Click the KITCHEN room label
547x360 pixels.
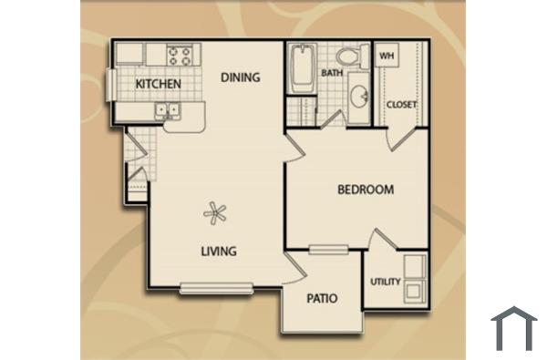(158, 85)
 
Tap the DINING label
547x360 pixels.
(241, 77)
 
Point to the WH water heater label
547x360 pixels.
(386, 56)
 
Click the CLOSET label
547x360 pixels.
(401, 105)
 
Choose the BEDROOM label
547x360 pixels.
(366, 190)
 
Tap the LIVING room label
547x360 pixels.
(219, 251)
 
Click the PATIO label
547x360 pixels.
(323, 298)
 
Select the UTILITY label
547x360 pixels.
(385, 282)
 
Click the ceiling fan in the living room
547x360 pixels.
(215, 214)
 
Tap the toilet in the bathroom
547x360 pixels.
(351, 55)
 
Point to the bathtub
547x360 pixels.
(302, 68)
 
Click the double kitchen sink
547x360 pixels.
(168, 110)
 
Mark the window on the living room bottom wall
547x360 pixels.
(216, 289)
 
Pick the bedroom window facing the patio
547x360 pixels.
(328, 249)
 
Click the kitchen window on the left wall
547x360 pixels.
(110, 85)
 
